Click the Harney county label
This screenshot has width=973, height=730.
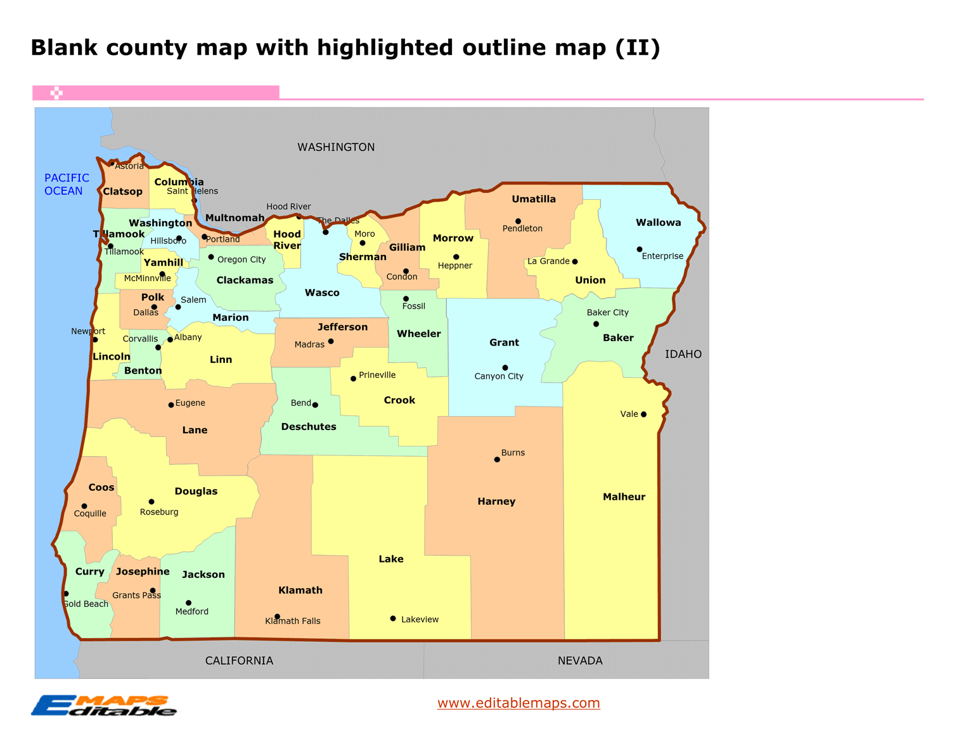coord(496,501)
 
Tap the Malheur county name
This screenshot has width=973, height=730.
coord(624,497)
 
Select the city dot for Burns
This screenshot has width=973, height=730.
coord(497,460)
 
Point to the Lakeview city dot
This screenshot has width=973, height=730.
coord(393,618)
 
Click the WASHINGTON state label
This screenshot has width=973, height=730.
coord(336,147)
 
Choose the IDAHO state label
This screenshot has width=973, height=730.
coord(683,354)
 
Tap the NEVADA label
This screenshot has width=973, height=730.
coord(580,660)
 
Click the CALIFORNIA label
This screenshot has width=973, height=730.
coord(239,660)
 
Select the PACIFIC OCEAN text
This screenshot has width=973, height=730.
coord(66,185)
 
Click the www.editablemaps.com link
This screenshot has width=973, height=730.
coord(519,703)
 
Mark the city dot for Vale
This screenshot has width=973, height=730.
coord(643,414)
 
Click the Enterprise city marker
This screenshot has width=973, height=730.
coord(640,249)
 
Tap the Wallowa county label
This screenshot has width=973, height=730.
coord(658,223)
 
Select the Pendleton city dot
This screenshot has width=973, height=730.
coord(518,221)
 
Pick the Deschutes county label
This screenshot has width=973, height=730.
coord(309,427)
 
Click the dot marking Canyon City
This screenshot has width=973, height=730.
coord(505,368)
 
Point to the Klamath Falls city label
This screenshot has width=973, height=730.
coord(293,621)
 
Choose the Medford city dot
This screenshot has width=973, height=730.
coord(188,603)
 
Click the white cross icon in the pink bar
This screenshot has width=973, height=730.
coord(56,93)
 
